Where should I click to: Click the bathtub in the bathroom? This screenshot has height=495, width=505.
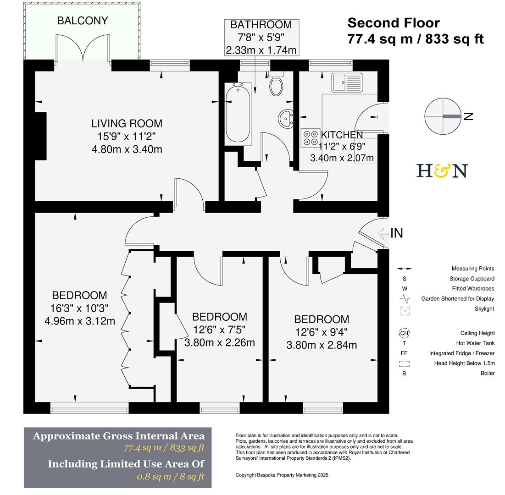coord(238,113)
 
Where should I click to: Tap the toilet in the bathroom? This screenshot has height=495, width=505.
coord(276,85)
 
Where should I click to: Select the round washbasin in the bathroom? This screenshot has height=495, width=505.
coord(288,118)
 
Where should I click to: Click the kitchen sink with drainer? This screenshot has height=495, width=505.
coord(347,82)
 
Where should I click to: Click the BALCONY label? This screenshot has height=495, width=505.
coord(83,21)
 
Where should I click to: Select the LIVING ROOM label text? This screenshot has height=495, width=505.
coord(127,123)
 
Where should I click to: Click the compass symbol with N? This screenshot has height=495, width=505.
coord(443,116)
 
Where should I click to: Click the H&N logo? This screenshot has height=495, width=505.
coord(442,170)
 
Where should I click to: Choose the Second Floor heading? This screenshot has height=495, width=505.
coord(394,23)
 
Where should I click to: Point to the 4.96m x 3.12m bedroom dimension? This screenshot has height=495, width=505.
coord(80,321)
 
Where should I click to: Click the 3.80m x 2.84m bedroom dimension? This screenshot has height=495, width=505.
coord(322,345)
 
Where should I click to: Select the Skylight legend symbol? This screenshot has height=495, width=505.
coord(404,310)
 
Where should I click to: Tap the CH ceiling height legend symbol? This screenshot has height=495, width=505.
coord(404,333)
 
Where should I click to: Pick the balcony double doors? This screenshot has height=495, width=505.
coord(83,49)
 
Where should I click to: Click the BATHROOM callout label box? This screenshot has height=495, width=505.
coord(261,38)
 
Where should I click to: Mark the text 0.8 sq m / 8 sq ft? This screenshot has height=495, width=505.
coord(171,477)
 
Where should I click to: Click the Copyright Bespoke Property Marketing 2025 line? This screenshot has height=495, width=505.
coord(282,475)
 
